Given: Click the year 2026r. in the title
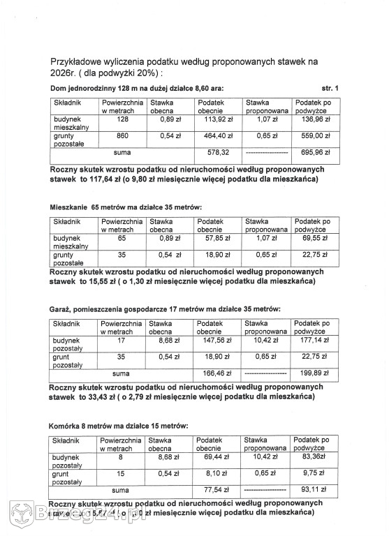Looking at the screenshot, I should (64, 73).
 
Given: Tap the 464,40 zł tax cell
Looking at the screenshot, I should (213, 135).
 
